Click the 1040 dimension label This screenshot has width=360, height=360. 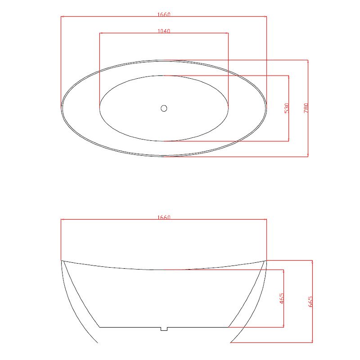(x=164, y=31)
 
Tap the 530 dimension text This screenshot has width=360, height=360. (x=287, y=108)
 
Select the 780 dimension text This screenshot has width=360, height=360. (x=306, y=108)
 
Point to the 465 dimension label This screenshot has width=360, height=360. (x=282, y=298)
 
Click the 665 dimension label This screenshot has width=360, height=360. (x=310, y=301)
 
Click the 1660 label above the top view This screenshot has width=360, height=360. (x=164, y=14)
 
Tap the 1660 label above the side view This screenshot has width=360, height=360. (x=164, y=217)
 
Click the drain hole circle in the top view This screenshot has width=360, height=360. (x=164, y=108)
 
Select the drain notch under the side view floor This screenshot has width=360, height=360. (x=164, y=329)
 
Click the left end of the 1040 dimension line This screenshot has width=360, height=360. (x=99, y=33)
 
